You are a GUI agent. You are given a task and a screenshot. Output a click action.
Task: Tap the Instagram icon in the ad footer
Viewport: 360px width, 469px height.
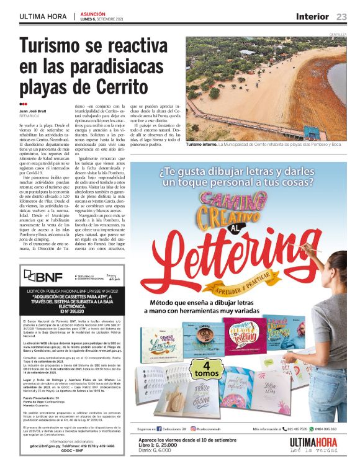[193, 429]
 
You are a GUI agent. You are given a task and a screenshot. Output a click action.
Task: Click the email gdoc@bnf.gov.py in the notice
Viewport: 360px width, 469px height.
[50, 445]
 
